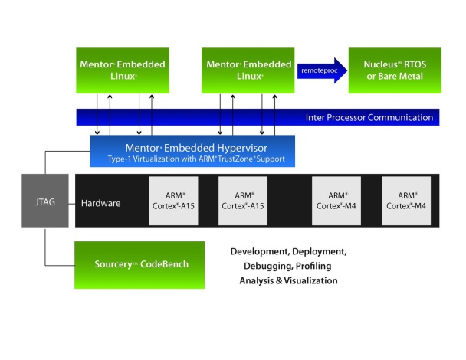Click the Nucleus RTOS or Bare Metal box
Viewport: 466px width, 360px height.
tap(394, 70)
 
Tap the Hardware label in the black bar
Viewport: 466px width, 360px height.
tap(100, 203)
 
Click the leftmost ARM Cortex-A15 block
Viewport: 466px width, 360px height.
tap(174, 201)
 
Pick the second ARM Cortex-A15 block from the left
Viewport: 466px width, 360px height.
tap(244, 201)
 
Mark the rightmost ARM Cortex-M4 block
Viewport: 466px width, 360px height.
tap(406, 201)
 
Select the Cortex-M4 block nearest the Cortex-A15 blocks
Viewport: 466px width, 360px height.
tap(336, 201)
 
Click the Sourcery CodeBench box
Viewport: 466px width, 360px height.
tap(139, 264)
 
